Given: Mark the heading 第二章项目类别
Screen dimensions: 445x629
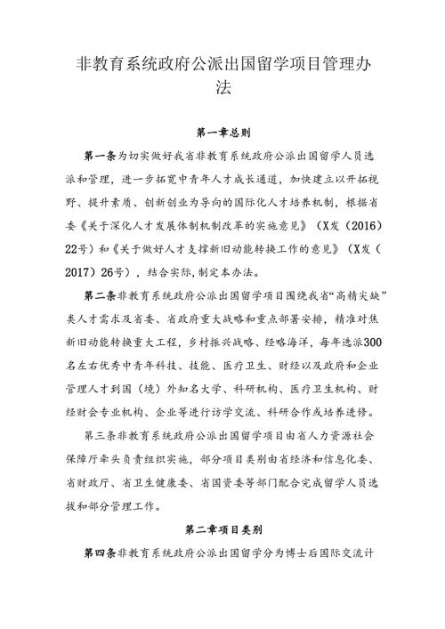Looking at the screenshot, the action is pos(222,528).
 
